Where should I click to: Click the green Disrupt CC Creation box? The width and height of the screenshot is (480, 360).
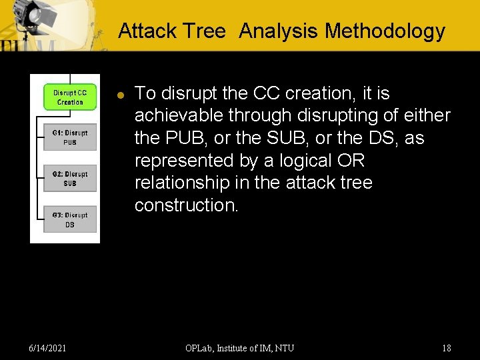[70, 97]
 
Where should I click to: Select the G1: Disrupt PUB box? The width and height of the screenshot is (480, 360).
[70, 137]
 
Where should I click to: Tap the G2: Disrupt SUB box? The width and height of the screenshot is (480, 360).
[70, 179]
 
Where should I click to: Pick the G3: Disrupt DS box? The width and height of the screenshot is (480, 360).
[70, 219]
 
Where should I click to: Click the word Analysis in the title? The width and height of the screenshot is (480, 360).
[279, 31]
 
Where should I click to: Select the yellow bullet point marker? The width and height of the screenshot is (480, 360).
[121, 95]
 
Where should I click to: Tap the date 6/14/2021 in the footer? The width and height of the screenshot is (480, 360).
[47, 348]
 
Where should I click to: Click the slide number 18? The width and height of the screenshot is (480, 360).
[446, 348]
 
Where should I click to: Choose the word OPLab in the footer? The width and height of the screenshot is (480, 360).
[200, 348]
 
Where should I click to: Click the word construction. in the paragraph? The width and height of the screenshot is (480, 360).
[186, 205]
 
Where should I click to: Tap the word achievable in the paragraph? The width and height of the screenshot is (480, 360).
[179, 115]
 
